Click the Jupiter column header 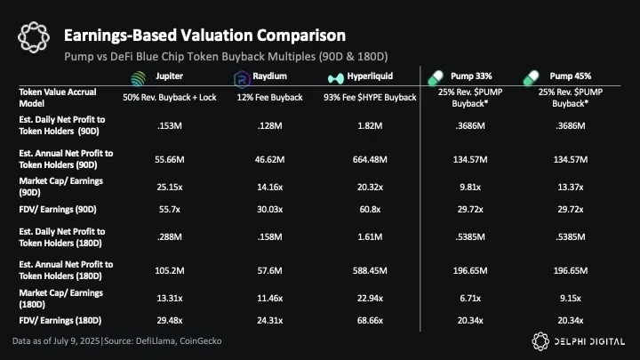coord(169,76)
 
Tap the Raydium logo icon coord(242,79)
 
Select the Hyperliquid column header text coord(370,76)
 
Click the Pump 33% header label coord(471,76)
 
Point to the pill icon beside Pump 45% coord(531,78)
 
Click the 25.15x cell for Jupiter coord(170,187)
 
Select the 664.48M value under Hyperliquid coord(370,159)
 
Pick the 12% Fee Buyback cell coord(270,98)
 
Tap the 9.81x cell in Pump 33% coord(470,187)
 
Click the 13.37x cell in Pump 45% coord(570,187)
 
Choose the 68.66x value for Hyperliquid coord(370,320)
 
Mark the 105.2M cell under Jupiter coord(170,270)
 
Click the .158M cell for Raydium coord(270,236)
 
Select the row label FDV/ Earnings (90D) coord(58,210)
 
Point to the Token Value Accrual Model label coord(58,98)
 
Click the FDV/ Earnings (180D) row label coord(60,320)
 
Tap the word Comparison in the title coord(300,36)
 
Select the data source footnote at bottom coord(117,340)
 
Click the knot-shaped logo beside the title coord(34,37)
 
